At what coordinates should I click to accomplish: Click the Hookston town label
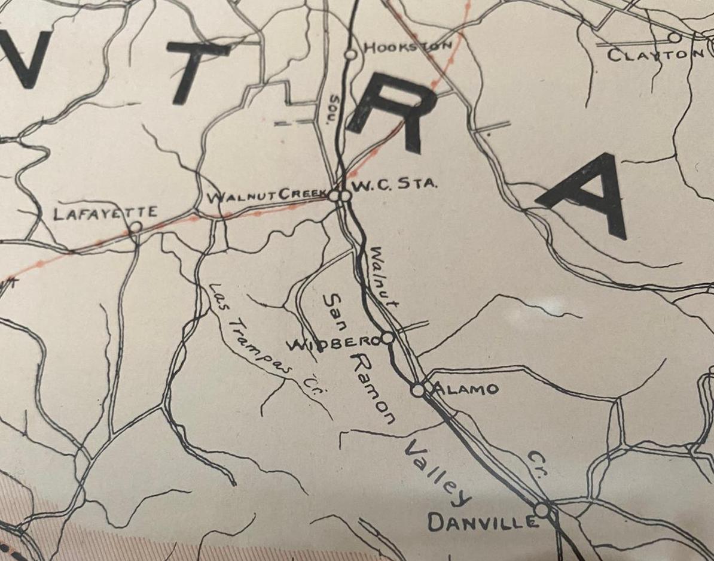point(407,47)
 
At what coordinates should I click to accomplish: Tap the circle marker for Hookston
point(351,54)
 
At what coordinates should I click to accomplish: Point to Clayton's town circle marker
point(675,38)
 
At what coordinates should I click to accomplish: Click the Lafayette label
point(105,213)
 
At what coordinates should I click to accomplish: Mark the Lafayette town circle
point(136,227)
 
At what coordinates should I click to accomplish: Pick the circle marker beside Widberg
point(387,338)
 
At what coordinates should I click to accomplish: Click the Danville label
point(482,523)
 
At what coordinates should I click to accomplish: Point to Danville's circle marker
point(542,510)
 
